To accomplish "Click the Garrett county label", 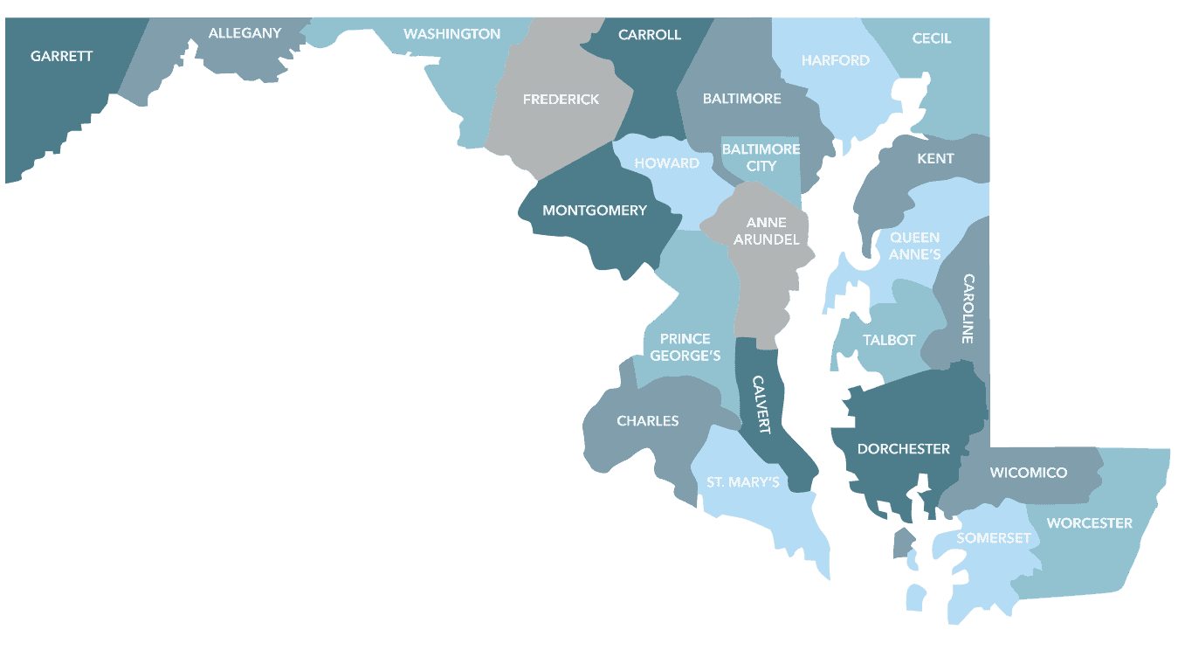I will click(x=61, y=56).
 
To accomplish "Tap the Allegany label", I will click(x=245, y=33).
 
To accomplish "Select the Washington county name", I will click(x=451, y=34).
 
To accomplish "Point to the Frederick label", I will click(x=561, y=100).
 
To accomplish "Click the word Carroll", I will click(x=649, y=35).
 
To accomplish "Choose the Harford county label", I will click(x=836, y=60).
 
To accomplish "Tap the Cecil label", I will click(x=931, y=38).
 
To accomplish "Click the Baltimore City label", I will click(x=761, y=157).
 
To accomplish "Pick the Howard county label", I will click(x=666, y=163).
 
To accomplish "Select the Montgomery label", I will click(x=595, y=211).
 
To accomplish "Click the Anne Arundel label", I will click(x=766, y=231).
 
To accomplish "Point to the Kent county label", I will click(x=935, y=159).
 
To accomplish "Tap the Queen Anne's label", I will click(x=914, y=246).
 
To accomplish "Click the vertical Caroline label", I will click(x=968, y=308).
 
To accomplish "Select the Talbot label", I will click(x=889, y=340).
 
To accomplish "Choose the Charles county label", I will click(x=647, y=421).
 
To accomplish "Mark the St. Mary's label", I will click(x=742, y=482).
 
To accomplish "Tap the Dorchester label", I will click(x=903, y=449).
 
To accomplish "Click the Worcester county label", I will click(x=1089, y=523).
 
